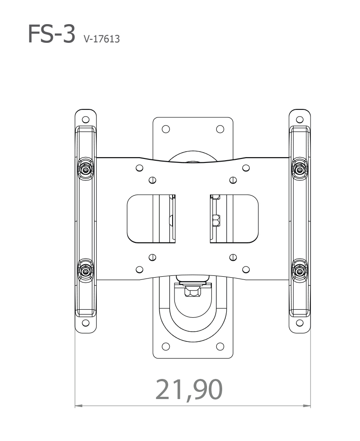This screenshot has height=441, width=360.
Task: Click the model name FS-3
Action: pos(51,34)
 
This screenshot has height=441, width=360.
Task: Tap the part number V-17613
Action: pos(101,38)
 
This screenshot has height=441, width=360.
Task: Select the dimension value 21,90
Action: pos(189,390)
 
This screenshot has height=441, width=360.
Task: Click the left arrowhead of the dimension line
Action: pos(79,406)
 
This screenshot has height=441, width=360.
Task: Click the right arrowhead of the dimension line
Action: pos(307,406)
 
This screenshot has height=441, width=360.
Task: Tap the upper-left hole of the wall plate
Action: pos(166,129)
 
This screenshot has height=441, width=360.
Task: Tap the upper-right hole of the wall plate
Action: pos(220,129)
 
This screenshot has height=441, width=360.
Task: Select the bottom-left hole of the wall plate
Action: pos(166,346)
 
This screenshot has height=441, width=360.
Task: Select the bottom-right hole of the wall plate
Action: pos(220,346)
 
